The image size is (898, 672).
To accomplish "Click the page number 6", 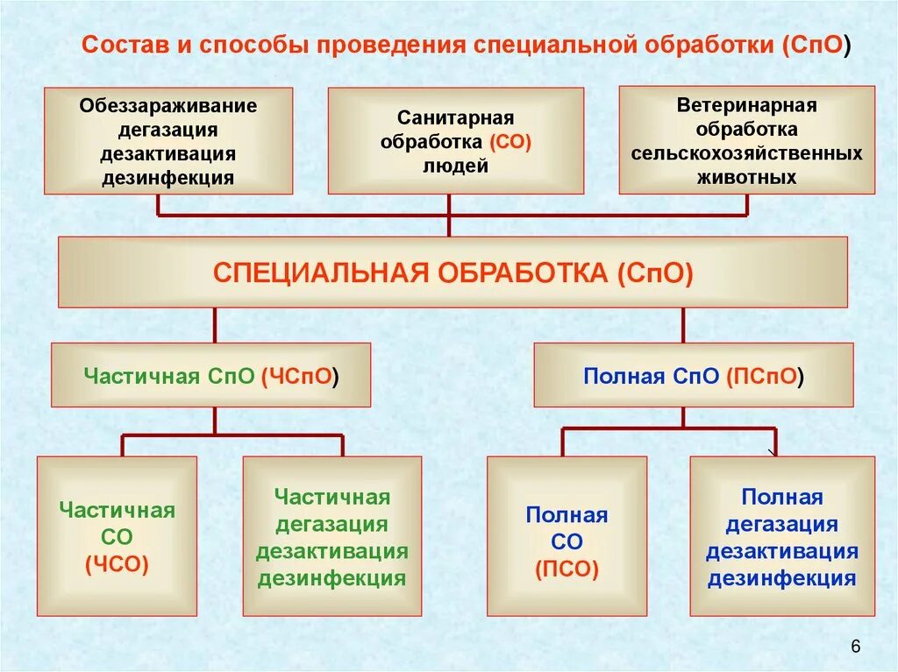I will [x=856, y=647].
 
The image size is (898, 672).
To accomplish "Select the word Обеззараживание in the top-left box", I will [x=168, y=106].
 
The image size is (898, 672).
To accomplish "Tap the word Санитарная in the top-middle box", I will [x=455, y=118].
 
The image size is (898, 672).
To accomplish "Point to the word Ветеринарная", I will [x=746, y=105].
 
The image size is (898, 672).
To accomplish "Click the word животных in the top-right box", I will [x=746, y=177].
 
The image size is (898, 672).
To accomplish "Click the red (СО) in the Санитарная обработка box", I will [x=510, y=142].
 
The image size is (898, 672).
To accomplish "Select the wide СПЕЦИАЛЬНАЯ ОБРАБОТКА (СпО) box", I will [x=453, y=272].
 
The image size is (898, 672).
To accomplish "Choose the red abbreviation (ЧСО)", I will [x=117, y=565].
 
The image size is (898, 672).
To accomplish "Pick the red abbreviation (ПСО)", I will [x=567, y=569].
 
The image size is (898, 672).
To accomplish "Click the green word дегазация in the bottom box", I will [x=331, y=524].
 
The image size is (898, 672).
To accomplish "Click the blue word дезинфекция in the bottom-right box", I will [x=781, y=578].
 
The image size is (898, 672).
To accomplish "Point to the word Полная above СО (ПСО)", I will [x=567, y=514].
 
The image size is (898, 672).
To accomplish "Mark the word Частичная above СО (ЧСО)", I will [x=117, y=510].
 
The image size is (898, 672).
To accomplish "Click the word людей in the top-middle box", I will [x=455, y=166].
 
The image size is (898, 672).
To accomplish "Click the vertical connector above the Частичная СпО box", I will [x=215, y=325].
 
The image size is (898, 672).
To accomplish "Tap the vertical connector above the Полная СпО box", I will [x=683, y=325].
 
